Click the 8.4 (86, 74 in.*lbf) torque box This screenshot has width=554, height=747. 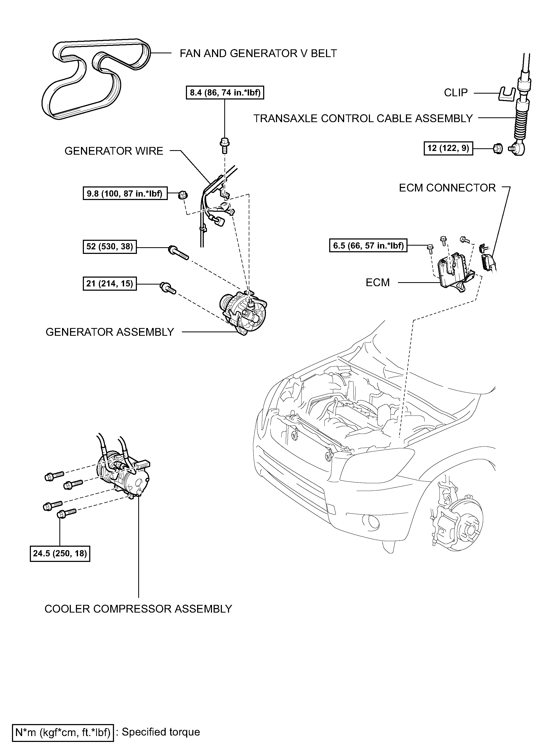coord(225,92)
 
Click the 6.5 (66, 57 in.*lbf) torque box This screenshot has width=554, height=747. coord(368,245)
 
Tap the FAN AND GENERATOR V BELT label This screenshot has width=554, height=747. coord(258,53)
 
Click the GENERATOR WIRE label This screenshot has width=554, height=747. coord(114,151)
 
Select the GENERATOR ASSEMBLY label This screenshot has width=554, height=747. coord(110,332)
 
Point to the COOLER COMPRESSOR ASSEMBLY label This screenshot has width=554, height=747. coord(138,609)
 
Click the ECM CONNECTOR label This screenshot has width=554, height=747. coord(447,188)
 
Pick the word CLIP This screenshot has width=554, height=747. coord(455,93)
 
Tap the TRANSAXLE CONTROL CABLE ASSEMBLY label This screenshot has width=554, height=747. coord(362,118)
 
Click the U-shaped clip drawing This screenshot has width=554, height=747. coord(506,94)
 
